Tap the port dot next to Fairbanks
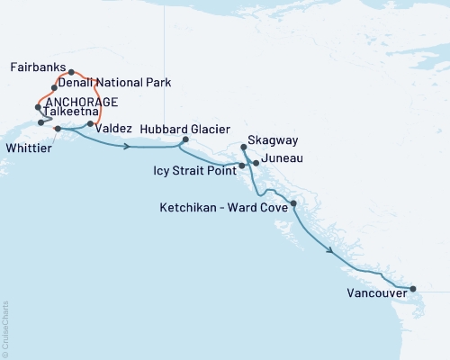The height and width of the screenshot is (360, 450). tap(71, 72)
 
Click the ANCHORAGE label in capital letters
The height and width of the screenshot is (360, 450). tap(81, 101)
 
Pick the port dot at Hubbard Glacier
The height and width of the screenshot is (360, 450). tap(185, 139)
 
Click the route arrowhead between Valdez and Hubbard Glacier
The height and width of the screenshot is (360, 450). tap(130, 146)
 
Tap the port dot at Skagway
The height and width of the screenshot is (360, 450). tap(245, 147)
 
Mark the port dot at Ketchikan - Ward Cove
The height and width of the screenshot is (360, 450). tap(293, 204)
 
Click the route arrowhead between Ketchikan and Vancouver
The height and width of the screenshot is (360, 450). tap(332, 251)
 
